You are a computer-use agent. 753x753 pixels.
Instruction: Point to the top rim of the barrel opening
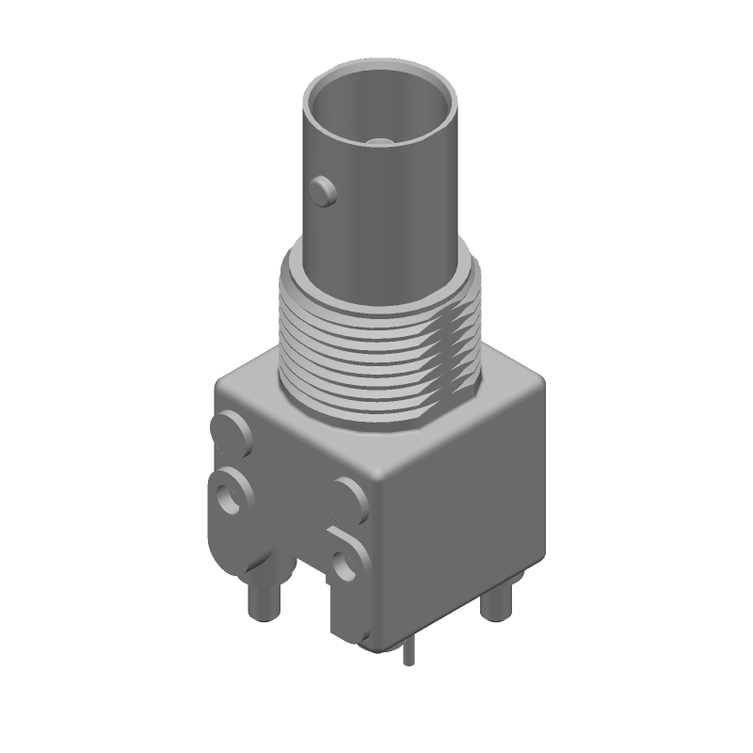point(381,69)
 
